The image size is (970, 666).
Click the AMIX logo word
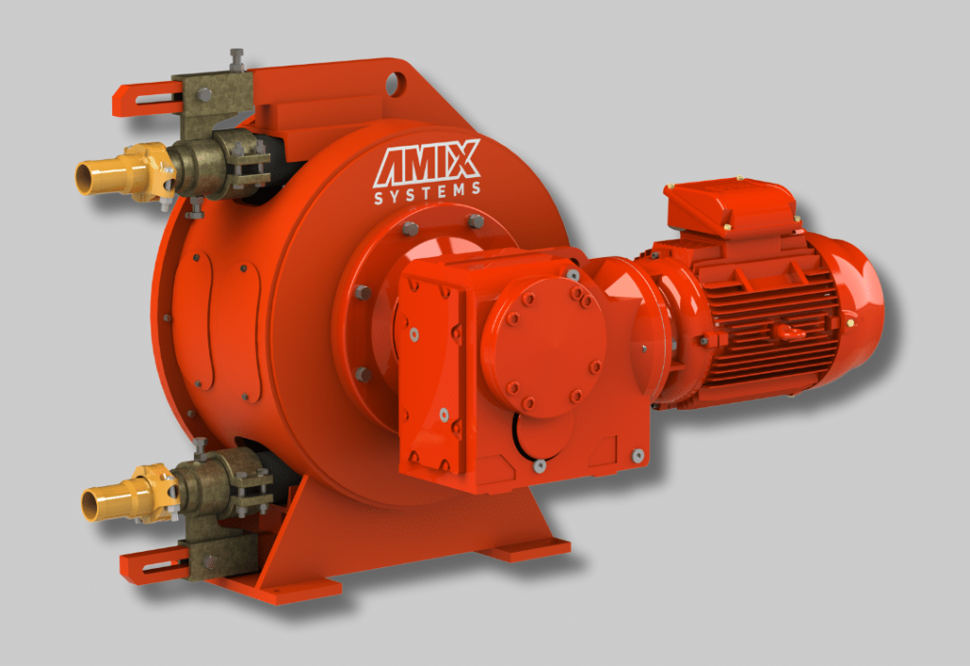[x=427, y=163]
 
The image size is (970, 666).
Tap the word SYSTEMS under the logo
[x=428, y=193]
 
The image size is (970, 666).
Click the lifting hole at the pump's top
[x=396, y=84]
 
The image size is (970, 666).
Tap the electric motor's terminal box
[x=730, y=206]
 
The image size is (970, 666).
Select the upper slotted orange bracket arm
[x=148, y=98]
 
